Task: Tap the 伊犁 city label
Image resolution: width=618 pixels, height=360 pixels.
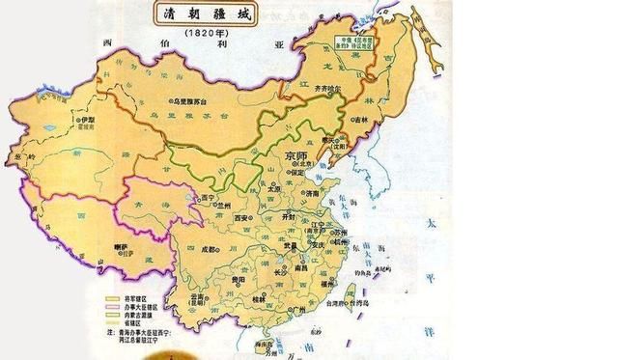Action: coord(88,120)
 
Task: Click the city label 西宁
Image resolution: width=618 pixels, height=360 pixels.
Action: coord(206,198)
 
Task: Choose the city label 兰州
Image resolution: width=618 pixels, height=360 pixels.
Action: coord(224,205)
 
